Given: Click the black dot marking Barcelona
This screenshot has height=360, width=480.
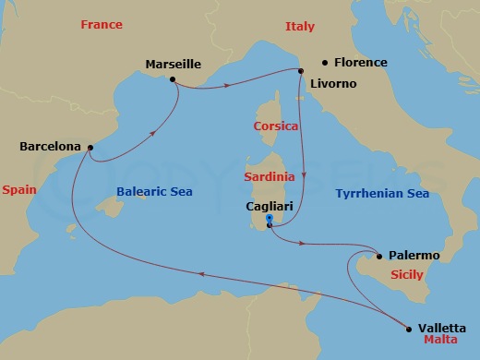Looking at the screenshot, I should pyautogui.click(x=90, y=147).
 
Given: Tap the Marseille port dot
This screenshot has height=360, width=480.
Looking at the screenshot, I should pyautogui.click(x=173, y=79).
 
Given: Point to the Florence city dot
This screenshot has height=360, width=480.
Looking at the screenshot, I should pyautogui.click(x=325, y=63).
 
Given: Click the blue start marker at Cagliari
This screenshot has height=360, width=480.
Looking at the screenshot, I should pyautogui.click(x=269, y=221).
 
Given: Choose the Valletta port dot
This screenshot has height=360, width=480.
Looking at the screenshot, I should pyautogui.click(x=409, y=327).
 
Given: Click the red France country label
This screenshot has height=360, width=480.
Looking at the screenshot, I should pyautogui.click(x=102, y=25).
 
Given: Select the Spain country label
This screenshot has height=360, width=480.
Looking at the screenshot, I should pyautogui.click(x=19, y=189).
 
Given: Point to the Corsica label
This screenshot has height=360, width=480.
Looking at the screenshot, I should pyautogui.click(x=276, y=126).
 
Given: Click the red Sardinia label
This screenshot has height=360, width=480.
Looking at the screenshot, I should pyautogui.click(x=270, y=175).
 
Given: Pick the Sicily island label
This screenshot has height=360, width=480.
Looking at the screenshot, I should pyautogui.click(x=407, y=275).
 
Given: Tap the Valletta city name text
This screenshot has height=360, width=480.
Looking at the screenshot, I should pyautogui.click(x=441, y=327).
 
